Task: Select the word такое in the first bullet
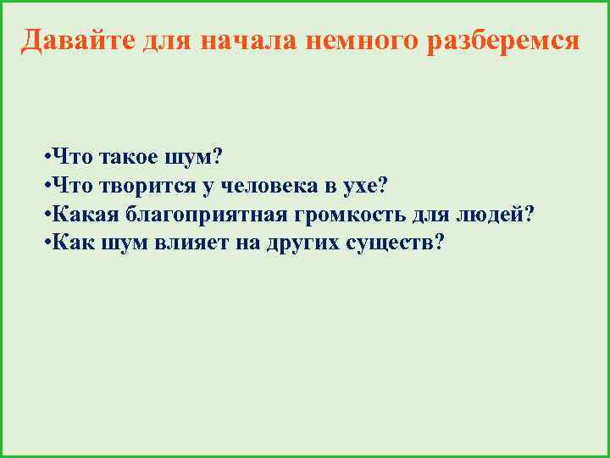[x=126, y=157]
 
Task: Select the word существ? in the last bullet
[x=396, y=243]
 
